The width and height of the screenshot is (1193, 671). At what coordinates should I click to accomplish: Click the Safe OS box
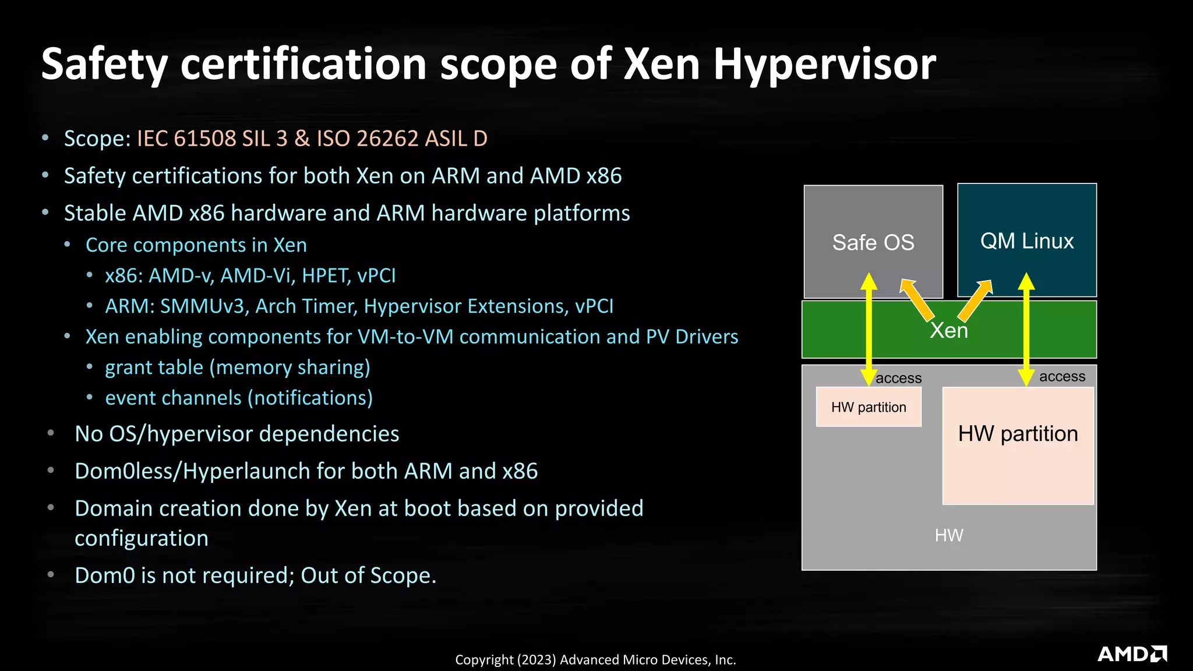click(x=873, y=242)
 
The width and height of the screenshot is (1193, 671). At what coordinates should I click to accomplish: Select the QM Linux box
click(x=1026, y=240)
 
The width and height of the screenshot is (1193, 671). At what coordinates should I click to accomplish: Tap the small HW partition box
click(x=868, y=407)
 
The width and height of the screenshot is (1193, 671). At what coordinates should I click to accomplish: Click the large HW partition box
click(x=1018, y=446)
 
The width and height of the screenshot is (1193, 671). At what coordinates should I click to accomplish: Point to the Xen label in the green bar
click(x=948, y=331)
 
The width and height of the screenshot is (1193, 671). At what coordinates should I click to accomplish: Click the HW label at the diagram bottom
click(x=948, y=535)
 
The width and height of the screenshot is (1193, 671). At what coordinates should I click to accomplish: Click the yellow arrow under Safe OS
click(x=869, y=329)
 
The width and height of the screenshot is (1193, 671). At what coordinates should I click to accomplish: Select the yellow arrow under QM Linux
click(x=1026, y=329)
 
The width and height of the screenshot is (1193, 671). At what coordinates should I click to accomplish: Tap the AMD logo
click(x=1132, y=654)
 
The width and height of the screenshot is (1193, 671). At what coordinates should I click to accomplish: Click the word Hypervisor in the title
click(x=824, y=64)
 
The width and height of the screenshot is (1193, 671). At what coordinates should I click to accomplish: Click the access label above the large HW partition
click(x=1062, y=377)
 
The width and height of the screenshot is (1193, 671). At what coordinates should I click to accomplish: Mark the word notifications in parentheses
click(x=310, y=398)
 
